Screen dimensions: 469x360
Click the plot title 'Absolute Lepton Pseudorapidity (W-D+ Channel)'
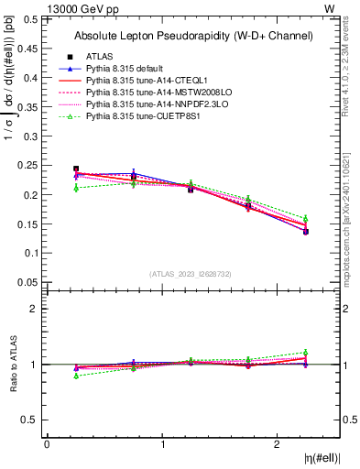point(193,36)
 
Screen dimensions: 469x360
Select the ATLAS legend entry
point(103,57)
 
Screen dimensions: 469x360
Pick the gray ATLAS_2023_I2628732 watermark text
point(191,273)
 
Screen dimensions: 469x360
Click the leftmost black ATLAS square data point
point(76,169)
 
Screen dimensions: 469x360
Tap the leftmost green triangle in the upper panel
point(76,188)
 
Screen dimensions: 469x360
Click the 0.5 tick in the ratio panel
point(33,420)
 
